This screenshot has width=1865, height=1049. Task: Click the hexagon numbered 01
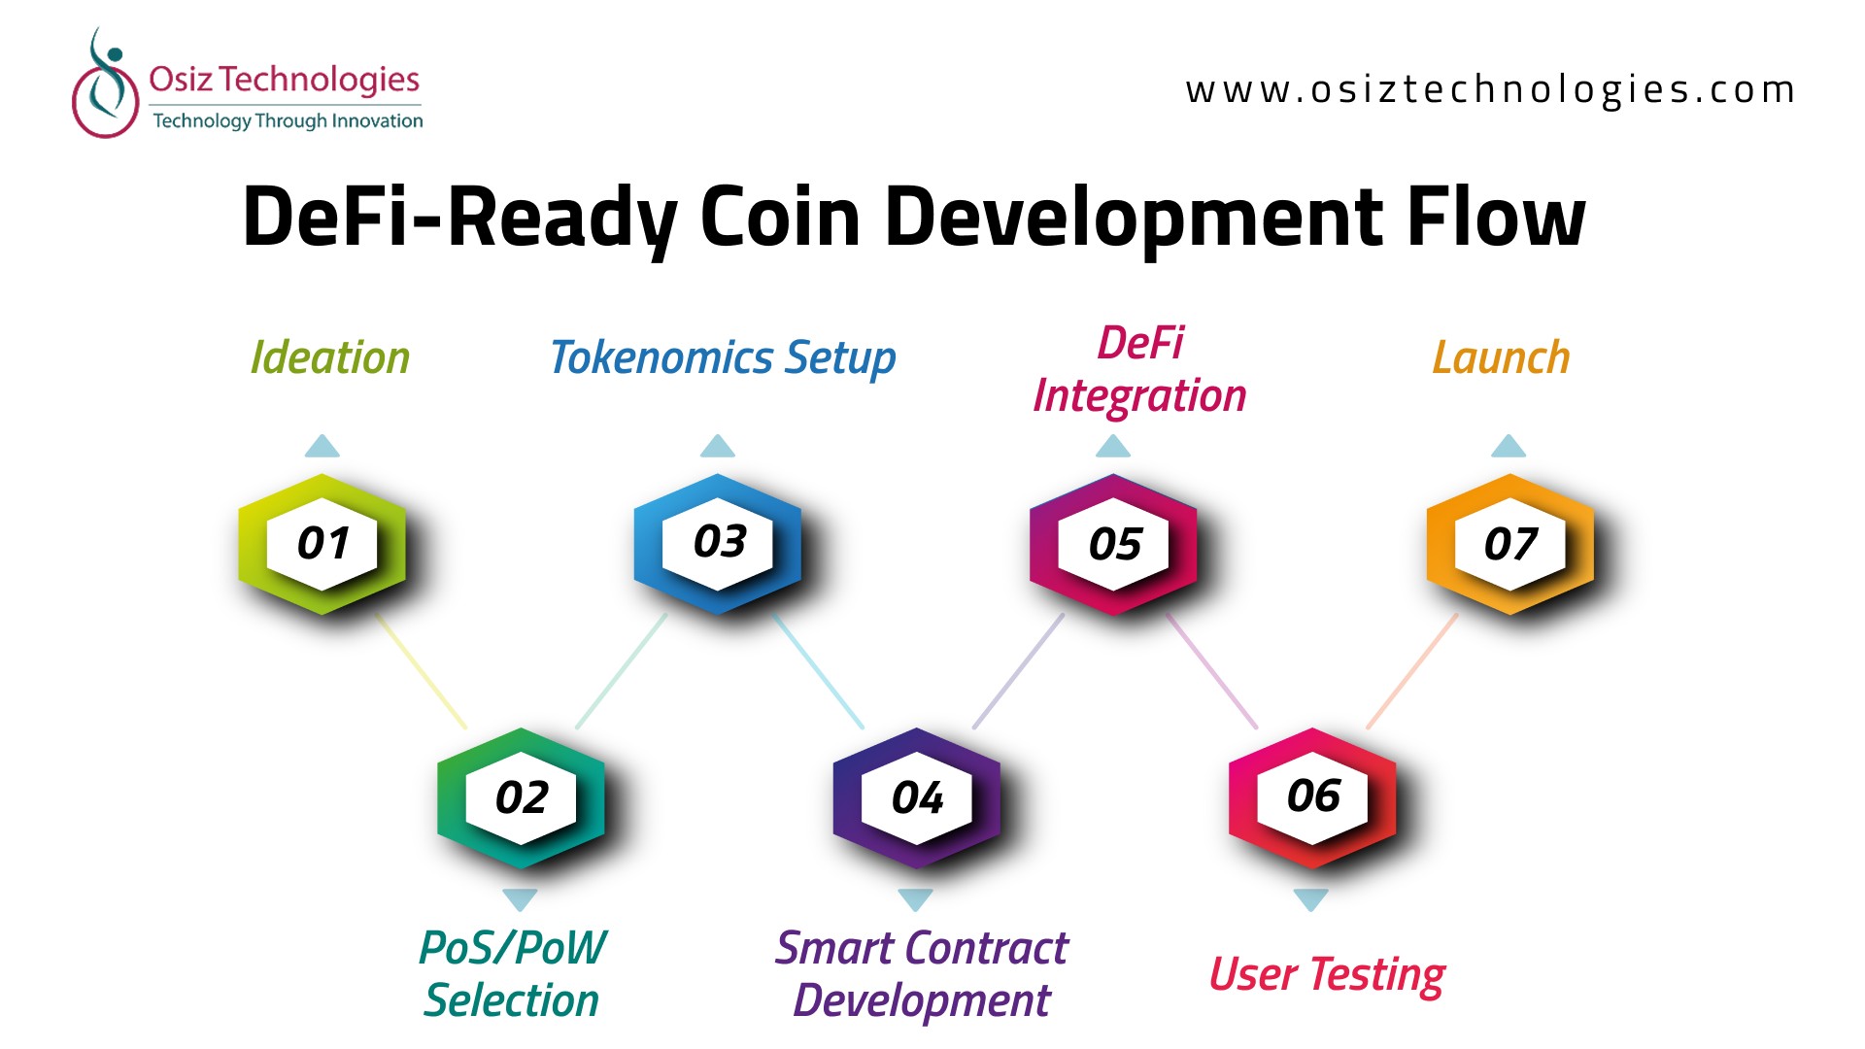(322, 544)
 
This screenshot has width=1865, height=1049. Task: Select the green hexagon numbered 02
(521, 797)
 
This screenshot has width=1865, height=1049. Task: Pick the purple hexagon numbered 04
(917, 797)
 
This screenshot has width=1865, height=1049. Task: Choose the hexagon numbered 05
(1114, 544)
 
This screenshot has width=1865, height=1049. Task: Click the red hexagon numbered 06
(1312, 797)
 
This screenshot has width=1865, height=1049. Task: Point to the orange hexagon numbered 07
(1510, 544)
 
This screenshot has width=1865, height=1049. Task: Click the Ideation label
(330, 357)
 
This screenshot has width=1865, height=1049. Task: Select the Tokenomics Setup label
(723, 358)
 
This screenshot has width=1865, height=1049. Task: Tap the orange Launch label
(1502, 357)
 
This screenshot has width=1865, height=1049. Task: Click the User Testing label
(1327, 975)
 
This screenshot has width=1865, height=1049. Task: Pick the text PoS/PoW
(513, 948)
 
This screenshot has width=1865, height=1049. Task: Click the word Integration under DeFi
(1139, 396)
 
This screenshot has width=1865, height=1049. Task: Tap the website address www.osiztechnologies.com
(1490, 89)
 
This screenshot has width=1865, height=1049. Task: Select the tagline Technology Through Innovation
(288, 120)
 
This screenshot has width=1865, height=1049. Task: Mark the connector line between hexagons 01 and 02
(422, 671)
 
